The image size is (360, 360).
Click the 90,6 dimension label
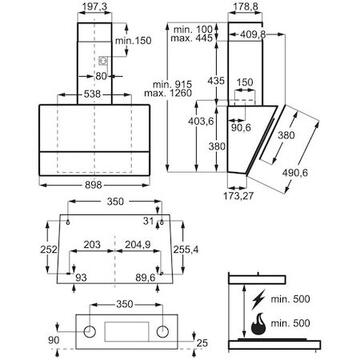coord(240,128)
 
